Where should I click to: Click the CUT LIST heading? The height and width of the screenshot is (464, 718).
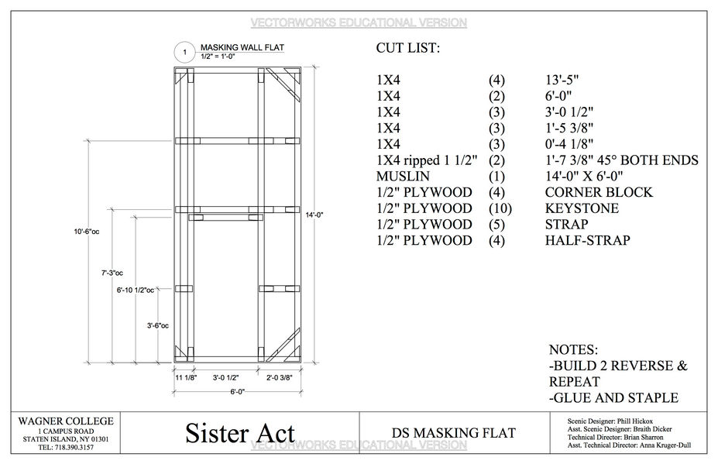[x=407, y=49]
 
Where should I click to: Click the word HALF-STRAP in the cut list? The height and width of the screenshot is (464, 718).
[x=587, y=241]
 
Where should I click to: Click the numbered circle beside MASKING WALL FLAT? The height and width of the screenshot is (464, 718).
[x=184, y=53]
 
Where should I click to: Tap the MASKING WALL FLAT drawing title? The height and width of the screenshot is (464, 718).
[x=242, y=47]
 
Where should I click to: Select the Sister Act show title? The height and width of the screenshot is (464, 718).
[x=240, y=432]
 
